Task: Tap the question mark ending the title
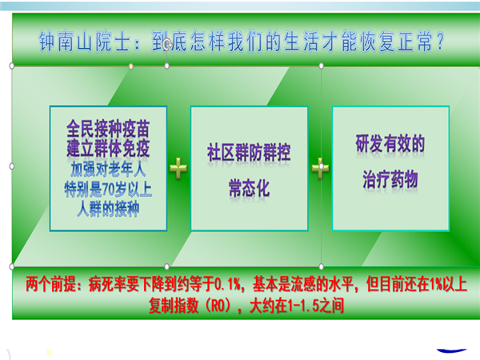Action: tap(440, 42)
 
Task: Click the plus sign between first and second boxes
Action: tap(178, 168)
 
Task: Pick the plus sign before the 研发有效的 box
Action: tap(320, 168)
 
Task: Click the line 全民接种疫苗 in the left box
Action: tap(108, 129)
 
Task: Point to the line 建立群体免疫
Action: tap(108, 148)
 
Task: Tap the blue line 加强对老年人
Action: tap(108, 170)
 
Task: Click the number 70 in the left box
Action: tap(108, 190)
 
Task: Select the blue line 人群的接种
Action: tap(108, 210)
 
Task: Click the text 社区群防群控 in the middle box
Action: tap(249, 153)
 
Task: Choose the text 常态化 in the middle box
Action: tap(249, 188)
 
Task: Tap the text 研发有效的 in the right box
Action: tap(390, 143)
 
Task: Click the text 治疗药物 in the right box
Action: tap(390, 179)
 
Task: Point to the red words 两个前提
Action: tap(50, 284)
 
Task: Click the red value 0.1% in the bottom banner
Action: tap(228, 284)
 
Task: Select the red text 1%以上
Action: tap(448, 284)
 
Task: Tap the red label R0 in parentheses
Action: tap(218, 306)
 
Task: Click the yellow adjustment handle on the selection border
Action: tap(130, 66)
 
